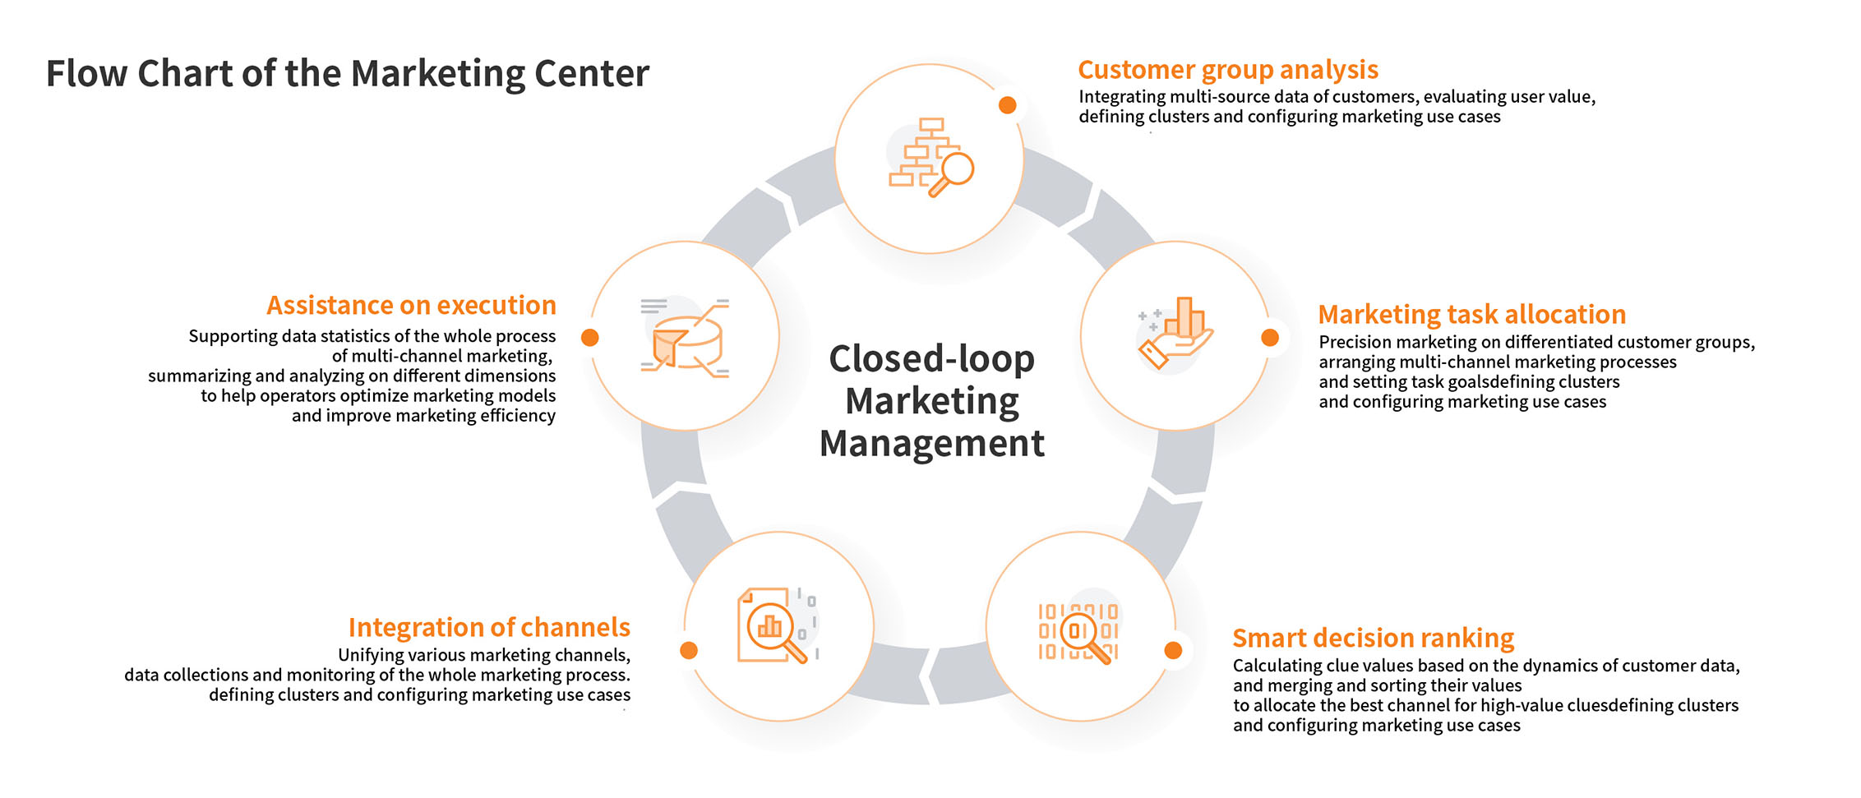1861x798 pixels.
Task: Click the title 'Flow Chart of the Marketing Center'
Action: pos(347,74)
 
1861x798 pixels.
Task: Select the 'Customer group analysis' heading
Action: pos(1227,70)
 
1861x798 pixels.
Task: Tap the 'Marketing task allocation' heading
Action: pos(1471,315)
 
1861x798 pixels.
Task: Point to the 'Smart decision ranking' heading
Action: pos(1373,639)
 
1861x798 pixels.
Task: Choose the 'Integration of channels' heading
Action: pos(489,628)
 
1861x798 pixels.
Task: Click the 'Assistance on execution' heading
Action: pos(411,306)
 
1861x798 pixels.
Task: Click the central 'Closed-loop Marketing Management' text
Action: pos(932,401)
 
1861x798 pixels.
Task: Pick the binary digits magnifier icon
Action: pos(1078,632)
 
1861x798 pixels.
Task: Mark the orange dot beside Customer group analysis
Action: pos(1007,105)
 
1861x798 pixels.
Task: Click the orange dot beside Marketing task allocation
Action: pos(1270,338)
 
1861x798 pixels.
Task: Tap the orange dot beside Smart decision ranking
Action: pos(1173,651)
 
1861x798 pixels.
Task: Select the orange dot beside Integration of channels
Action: pos(689,651)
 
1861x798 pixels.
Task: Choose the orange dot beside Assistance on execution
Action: pos(590,338)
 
